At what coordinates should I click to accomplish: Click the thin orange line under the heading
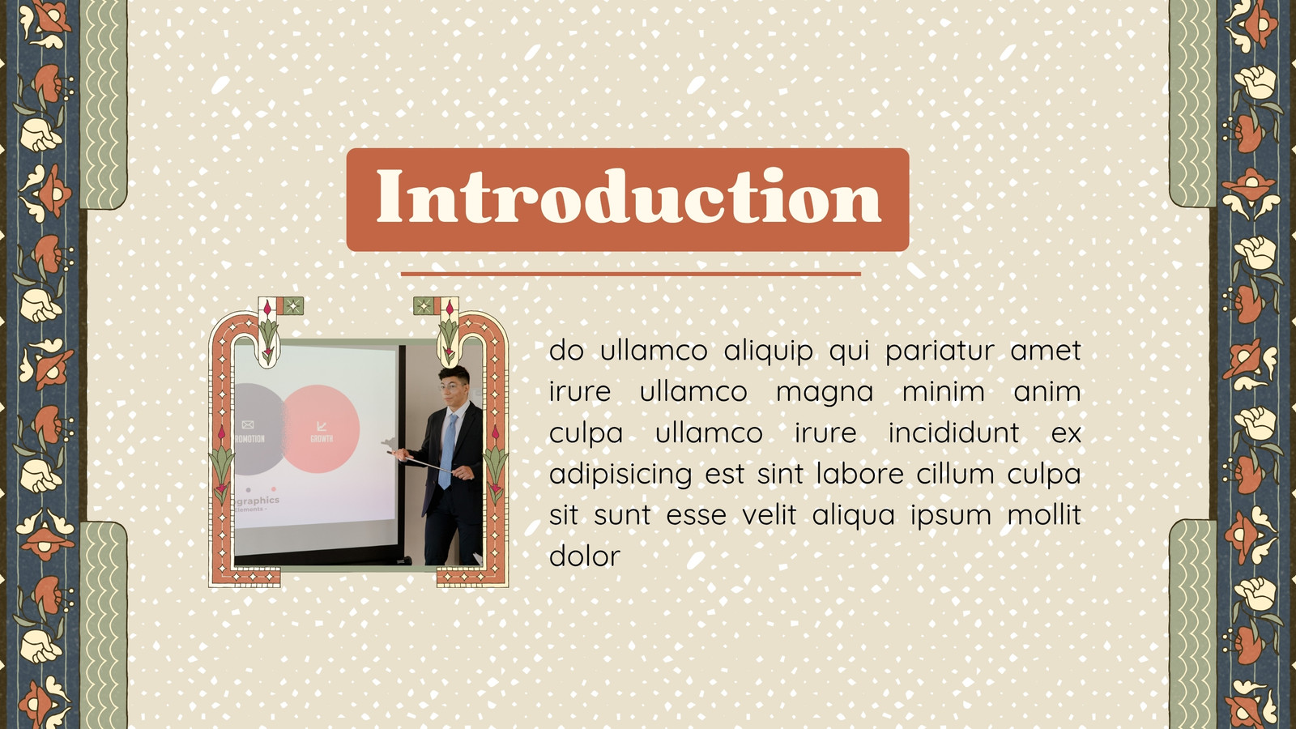[631, 274]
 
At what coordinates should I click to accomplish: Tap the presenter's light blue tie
[447, 450]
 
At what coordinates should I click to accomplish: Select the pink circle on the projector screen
[321, 428]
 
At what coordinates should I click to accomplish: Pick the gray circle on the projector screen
[258, 428]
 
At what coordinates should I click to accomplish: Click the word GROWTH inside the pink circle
[322, 438]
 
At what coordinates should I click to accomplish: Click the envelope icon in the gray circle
[248, 424]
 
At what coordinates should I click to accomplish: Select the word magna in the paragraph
[825, 392]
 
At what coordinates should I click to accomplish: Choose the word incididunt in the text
[954, 433]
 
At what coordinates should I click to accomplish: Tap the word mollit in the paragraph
[1044, 514]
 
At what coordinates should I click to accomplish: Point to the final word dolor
[584, 556]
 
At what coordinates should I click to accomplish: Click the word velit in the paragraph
[769, 514]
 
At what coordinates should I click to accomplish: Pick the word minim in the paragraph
[944, 391]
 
